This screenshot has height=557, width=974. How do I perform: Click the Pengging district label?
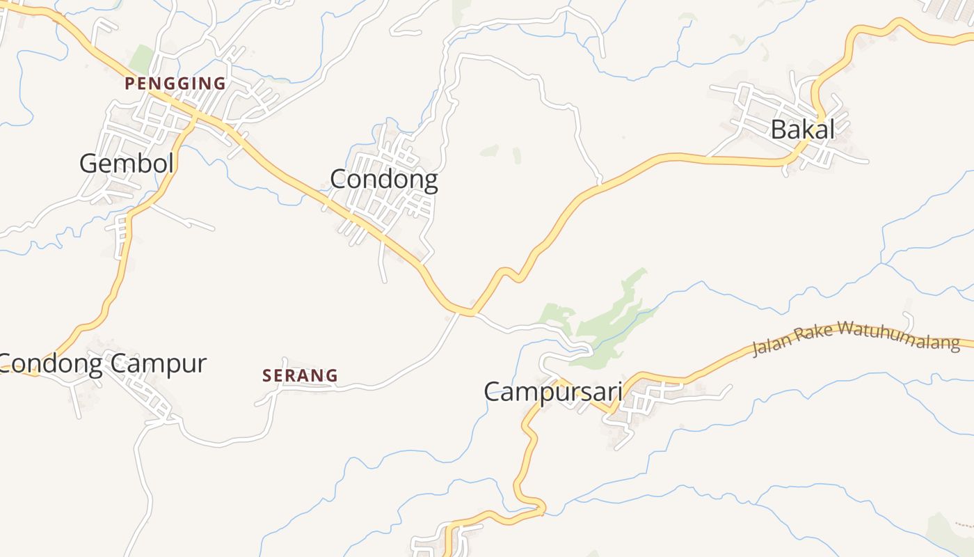pos(175,84)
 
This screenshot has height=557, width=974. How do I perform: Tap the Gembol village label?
pos(126,164)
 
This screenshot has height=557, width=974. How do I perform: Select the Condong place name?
pos(383,180)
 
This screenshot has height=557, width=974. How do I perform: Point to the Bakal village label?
pos(802,130)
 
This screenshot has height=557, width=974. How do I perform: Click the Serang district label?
pos(300,376)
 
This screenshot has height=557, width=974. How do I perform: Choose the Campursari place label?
pos(553,391)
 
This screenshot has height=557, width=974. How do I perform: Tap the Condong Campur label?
pos(103,363)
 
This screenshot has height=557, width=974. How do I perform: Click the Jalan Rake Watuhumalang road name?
pos(856,338)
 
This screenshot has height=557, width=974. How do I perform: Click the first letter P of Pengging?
pos(129,84)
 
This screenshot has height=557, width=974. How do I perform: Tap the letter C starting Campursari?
pos(493,391)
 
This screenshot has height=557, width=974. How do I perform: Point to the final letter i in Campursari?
pos(618,391)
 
